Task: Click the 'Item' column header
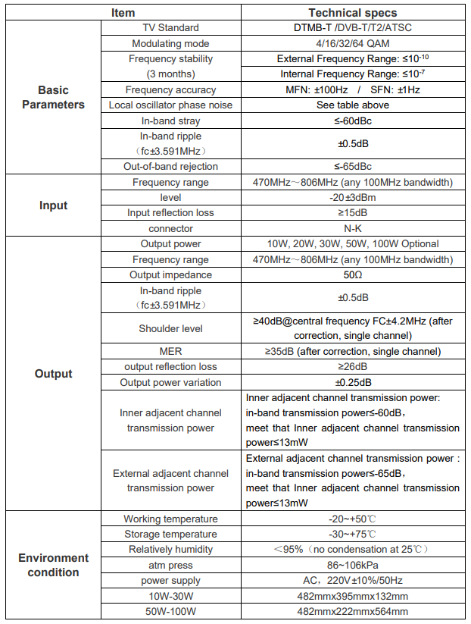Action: tap(123, 13)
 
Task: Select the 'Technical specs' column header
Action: tap(352, 13)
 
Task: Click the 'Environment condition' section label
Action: tap(53, 565)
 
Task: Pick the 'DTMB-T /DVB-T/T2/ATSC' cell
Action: tap(352, 28)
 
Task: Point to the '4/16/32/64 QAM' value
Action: tap(352, 43)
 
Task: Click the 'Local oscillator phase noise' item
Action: tap(170, 105)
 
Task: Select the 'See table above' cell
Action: tap(352, 105)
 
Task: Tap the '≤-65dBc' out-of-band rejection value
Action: tap(352, 166)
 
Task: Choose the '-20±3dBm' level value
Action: tap(352, 197)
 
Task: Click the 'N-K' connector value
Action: tap(352, 228)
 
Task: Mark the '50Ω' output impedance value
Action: tap(352, 274)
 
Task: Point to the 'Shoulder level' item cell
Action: tap(170, 328)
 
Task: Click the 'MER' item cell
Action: tap(170, 351)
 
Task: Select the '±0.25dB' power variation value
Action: tap(352, 382)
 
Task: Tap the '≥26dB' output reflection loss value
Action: tap(352, 366)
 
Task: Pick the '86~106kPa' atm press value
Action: tap(352, 565)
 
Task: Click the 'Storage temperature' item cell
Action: tap(170, 534)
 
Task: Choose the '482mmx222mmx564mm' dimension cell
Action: tap(352, 611)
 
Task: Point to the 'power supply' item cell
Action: tap(170, 580)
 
